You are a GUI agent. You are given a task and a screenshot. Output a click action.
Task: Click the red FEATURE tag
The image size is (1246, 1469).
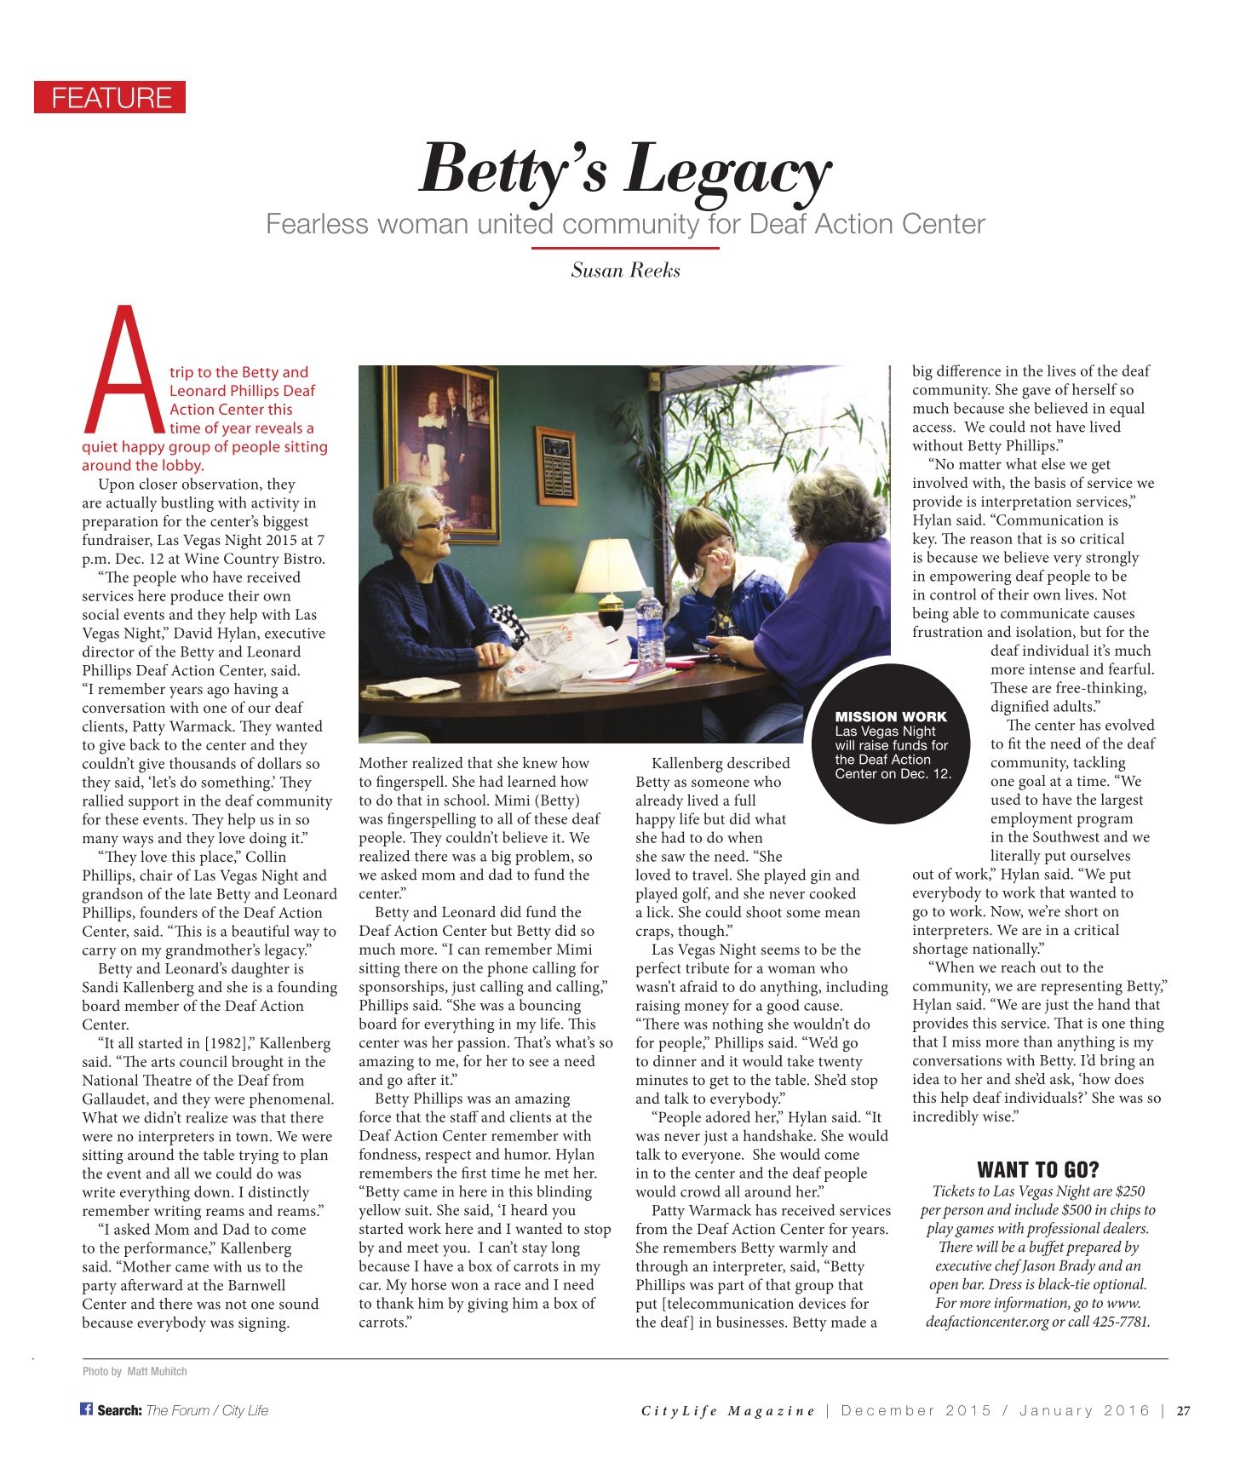click(x=110, y=98)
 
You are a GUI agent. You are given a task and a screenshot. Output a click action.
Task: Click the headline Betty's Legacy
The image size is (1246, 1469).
click(x=624, y=169)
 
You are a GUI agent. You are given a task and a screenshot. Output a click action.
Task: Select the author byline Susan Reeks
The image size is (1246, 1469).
click(x=625, y=271)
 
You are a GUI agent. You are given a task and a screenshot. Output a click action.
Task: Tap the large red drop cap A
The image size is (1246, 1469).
click(x=124, y=371)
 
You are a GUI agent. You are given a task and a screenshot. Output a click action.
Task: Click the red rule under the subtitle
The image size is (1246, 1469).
click(x=625, y=248)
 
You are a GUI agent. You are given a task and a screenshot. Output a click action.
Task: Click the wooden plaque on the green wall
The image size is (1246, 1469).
click(x=555, y=464)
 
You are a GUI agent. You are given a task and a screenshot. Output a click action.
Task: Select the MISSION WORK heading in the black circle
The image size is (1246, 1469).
click(x=890, y=716)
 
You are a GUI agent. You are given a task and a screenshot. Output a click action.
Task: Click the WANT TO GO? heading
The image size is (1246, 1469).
click(x=1037, y=1169)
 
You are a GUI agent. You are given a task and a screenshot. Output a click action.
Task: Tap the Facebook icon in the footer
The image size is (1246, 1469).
click(x=86, y=1409)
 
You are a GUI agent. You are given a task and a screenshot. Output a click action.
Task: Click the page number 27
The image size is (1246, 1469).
click(x=1183, y=1410)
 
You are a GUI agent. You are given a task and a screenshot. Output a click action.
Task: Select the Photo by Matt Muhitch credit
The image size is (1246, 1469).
click(x=135, y=1371)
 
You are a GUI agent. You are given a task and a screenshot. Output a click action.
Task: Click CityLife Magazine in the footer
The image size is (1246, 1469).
click(x=728, y=1411)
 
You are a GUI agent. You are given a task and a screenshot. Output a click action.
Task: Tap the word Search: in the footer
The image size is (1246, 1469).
click(x=119, y=1410)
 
